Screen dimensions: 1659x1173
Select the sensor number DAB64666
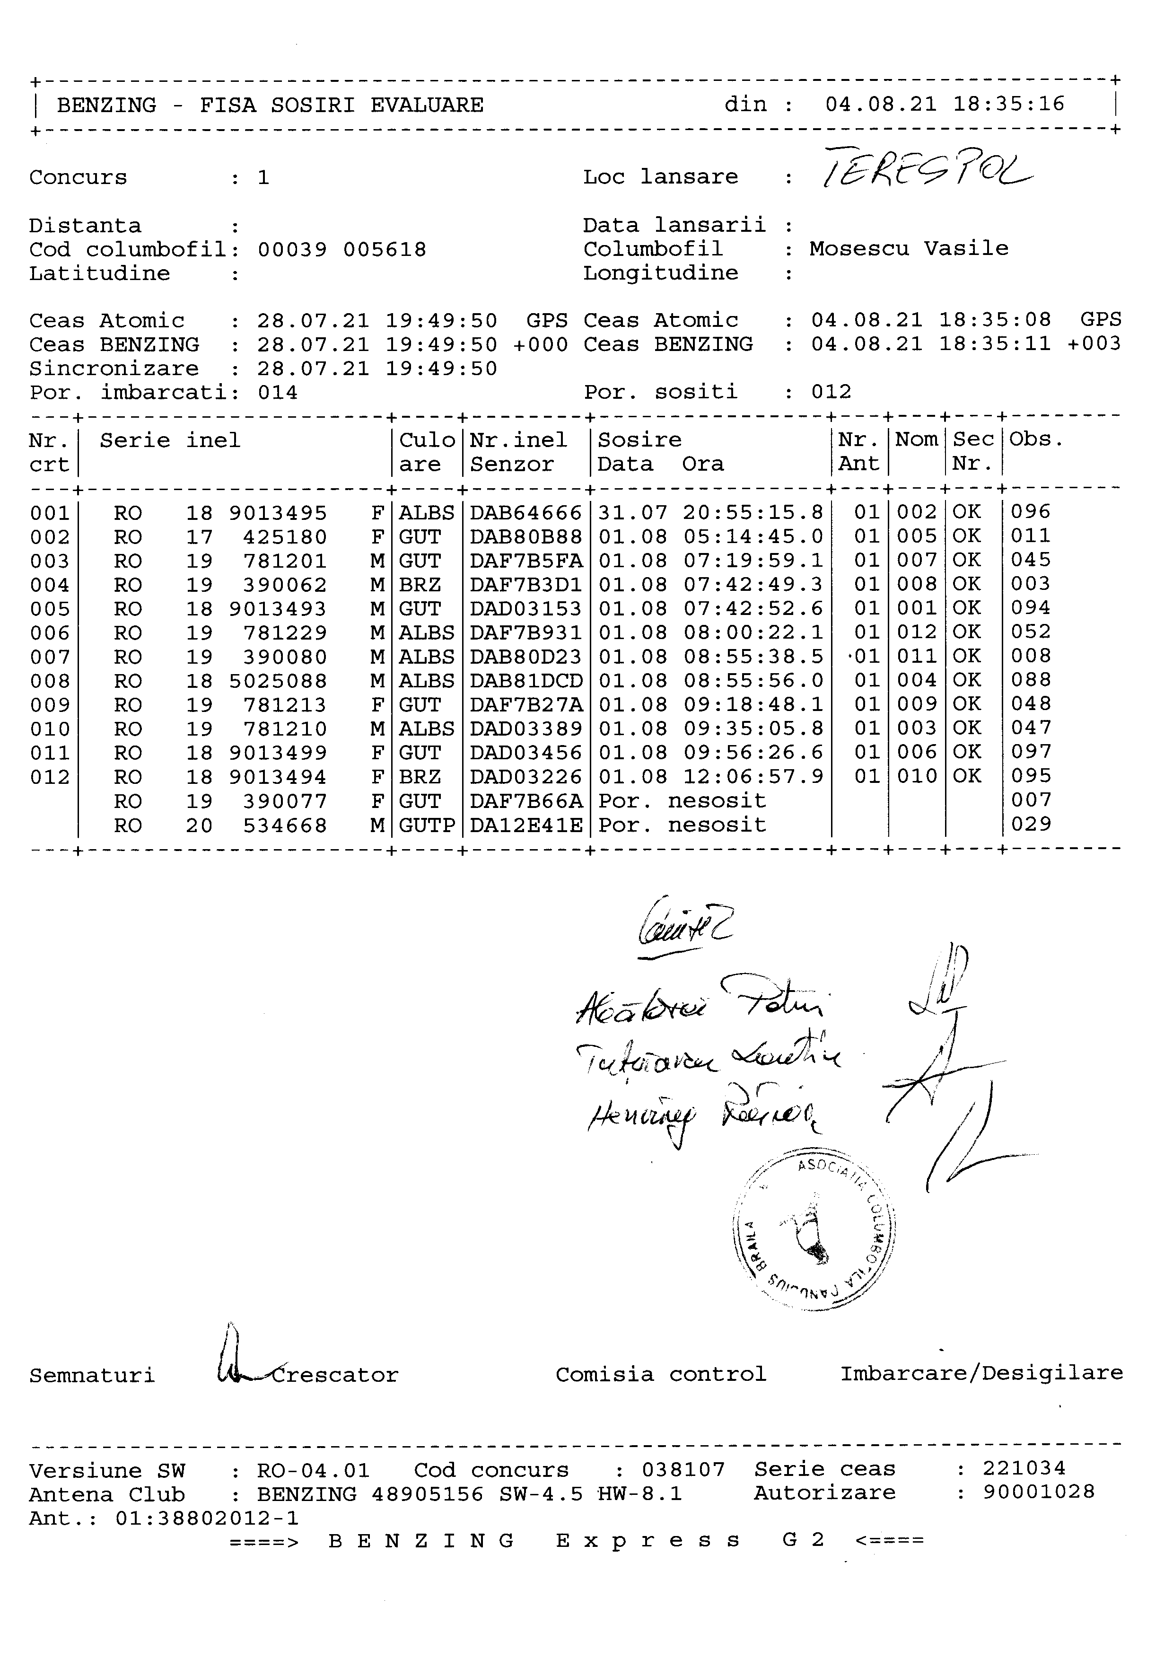click(525, 512)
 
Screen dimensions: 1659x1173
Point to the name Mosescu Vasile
click(909, 248)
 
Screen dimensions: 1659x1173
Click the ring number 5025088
click(278, 681)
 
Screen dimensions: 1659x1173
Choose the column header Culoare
click(427, 452)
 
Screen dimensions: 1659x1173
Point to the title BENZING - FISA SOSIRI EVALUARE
click(270, 105)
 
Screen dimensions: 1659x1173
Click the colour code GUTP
click(427, 825)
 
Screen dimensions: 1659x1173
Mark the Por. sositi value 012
click(832, 392)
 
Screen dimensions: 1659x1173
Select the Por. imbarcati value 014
click(278, 393)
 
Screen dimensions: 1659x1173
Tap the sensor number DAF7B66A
click(525, 800)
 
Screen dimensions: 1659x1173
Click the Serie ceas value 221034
click(1024, 1468)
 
